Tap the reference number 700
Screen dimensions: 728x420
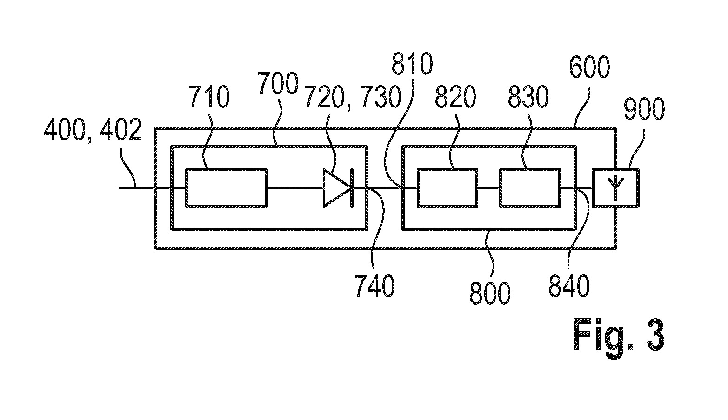click(278, 83)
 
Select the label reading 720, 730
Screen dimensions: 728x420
click(353, 97)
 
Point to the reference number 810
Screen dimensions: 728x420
click(412, 64)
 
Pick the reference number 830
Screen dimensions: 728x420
click(528, 97)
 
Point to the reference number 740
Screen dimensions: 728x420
click(374, 286)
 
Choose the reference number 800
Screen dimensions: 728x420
click(490, 293)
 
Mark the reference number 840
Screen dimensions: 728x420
click(569, 286)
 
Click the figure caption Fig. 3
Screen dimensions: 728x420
click(619, 338)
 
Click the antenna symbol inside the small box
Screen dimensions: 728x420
click(615, 188)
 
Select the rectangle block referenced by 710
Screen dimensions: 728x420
click(227, 188)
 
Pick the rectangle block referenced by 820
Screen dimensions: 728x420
click(447, 188)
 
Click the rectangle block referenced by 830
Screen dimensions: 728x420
click(530, 188)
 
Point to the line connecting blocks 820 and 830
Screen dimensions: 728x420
click(489, 188)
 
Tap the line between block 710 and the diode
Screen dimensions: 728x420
click(295, 188)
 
